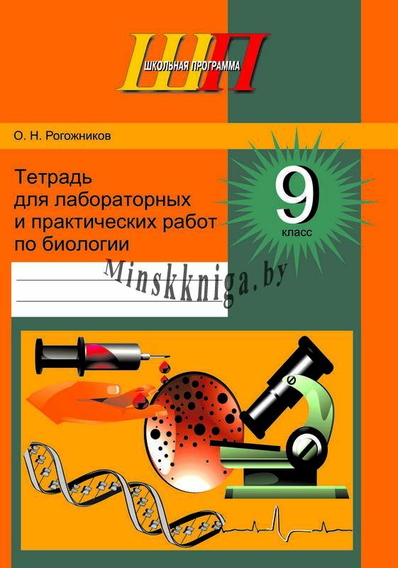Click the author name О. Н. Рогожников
click(62, 136)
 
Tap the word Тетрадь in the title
click(53, 178)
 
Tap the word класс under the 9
click(297, 232)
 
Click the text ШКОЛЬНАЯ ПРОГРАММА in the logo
click(192, 65)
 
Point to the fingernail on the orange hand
click(113, 388)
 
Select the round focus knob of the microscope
click(304, 444)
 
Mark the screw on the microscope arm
click(291, 381)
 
